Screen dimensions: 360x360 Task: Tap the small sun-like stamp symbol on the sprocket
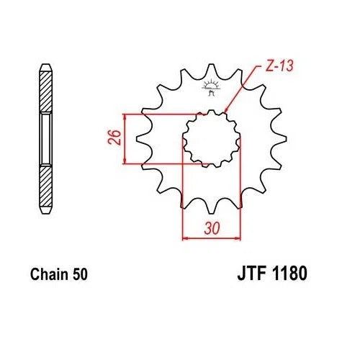click(211, 89)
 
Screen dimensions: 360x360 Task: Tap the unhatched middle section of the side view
click(45, 138)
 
